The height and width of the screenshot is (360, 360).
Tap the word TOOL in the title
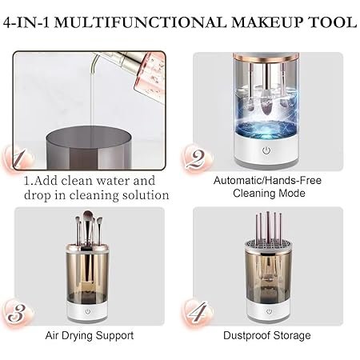(x=333, y=22)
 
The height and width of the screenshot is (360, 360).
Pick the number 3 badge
(x=18, y=314)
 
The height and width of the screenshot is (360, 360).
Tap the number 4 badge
(x=198, y=313)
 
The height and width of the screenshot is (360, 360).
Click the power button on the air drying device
(x=88, y=311)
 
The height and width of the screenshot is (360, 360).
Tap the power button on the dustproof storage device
(x=269, y=311)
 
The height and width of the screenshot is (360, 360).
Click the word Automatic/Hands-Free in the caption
(x=267, y=181)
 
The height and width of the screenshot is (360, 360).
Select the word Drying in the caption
(x=78, y=336)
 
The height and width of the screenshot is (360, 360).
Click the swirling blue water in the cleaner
(x=266, y=130)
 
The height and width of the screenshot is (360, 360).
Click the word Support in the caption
(x=115, y=336)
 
